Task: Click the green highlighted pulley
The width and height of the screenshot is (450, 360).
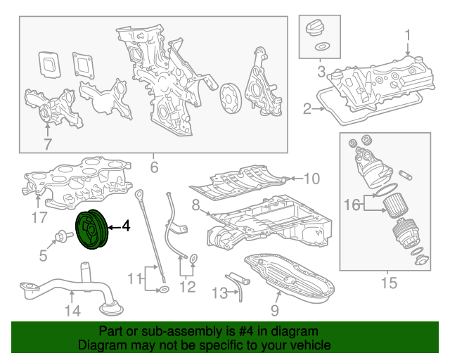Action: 92,229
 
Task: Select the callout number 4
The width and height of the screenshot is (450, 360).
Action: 126,226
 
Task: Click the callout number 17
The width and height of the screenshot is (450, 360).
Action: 39,217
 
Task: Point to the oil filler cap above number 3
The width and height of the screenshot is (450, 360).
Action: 316,29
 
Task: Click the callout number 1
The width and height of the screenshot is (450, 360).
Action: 408,35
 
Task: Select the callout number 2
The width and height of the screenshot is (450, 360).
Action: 307,109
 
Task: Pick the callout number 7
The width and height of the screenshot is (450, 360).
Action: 48,144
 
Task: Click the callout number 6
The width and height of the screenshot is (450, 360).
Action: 154,167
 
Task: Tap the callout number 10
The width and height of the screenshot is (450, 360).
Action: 311,179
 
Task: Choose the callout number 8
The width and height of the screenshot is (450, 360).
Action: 195,205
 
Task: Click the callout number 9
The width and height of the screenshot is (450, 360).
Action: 275,310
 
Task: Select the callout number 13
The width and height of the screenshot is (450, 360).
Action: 219,293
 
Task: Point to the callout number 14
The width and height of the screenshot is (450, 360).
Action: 72,311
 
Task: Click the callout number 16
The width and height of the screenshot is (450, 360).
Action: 352,205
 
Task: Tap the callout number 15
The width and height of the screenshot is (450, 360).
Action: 389,283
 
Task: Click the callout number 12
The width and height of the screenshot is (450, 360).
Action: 188,286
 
